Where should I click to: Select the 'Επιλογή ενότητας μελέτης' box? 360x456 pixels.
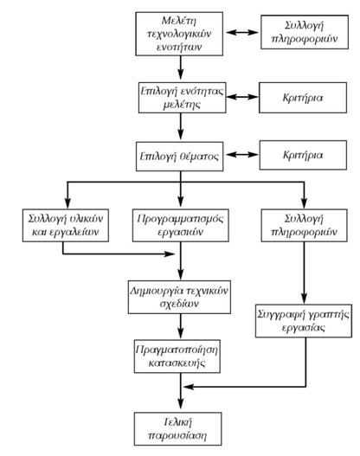point(180,95)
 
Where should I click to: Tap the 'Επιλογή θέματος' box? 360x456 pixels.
point(180,160)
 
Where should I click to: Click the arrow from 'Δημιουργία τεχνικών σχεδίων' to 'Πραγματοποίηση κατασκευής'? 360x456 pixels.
point(180,324)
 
